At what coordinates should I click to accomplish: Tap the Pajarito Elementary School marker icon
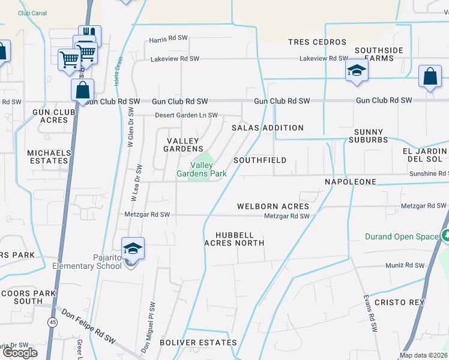(x=133, y=248)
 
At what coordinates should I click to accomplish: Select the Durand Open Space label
(x=402, y=236)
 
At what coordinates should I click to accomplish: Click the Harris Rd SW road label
(x=169, y=41)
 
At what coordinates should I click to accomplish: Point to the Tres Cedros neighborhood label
(x=317, y=42)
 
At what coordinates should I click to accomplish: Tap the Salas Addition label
(x=268, y=128)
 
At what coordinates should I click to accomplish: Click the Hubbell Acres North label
(x=234, y=239)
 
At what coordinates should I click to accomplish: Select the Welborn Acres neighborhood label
(x=273, y=206)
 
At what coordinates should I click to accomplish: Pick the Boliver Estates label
(x=198, y=342)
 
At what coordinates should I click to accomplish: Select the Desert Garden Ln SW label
(x=186, y=115)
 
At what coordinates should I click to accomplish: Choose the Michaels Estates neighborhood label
(x=49, y=157)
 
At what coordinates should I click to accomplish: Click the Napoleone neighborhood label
(x=350, y=181)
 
